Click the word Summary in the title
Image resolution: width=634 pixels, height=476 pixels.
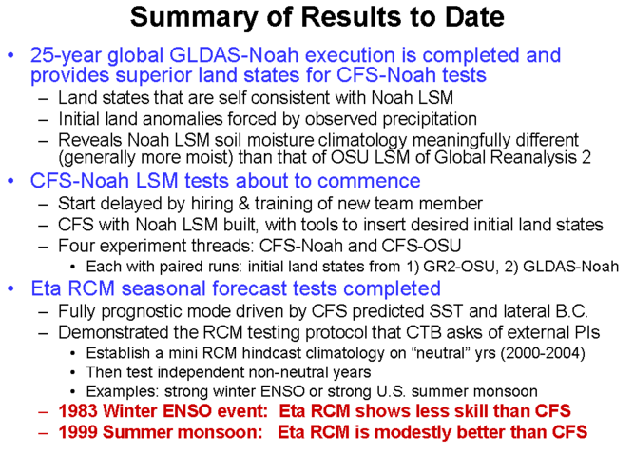point(194,18)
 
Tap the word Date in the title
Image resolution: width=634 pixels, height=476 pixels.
point(474,16)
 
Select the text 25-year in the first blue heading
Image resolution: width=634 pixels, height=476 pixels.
point(66,55)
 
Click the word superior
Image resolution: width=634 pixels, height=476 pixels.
point(152,75)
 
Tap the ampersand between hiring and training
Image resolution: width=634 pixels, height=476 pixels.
point(244,204)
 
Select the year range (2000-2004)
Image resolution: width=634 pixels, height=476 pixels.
point(543,353)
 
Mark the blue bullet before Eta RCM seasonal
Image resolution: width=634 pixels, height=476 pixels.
point(10,288)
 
